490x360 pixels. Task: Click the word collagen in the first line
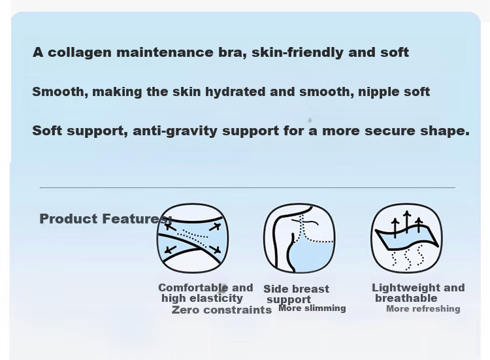79,52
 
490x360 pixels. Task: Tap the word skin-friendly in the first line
297,52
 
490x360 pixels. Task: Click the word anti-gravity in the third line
175,131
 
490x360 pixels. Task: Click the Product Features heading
106,219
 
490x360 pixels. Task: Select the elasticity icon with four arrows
193,238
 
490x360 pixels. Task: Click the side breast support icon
299,238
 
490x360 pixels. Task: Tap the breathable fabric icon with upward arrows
406,238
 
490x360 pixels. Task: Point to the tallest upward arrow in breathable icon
407,222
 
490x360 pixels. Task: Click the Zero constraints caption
221,310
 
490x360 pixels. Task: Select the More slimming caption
312,308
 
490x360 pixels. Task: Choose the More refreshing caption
423,309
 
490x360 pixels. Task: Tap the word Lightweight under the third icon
399,288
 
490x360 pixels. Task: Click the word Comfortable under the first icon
193,288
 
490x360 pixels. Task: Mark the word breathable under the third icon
406,298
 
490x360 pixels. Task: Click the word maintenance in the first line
165,52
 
